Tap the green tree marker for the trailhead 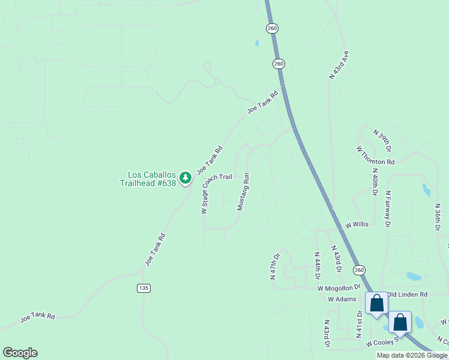coord(185,178)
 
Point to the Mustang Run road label coord(243,192)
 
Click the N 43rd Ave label coord(339,65)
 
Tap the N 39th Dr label coord(382,140)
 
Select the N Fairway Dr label coord(388,209)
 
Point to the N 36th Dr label coord(438,217)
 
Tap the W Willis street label coord(357,225)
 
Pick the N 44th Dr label coord(317,266)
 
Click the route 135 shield coord(143,288)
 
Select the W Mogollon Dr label coord(339,288)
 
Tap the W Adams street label coord(342,298)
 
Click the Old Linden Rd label coord(407,295)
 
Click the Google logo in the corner coord(20,353)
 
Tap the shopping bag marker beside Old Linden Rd coord(376,303)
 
